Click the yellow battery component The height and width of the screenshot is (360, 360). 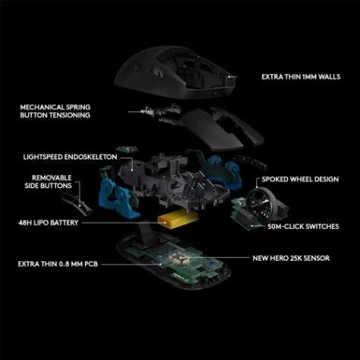[174, 221]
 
